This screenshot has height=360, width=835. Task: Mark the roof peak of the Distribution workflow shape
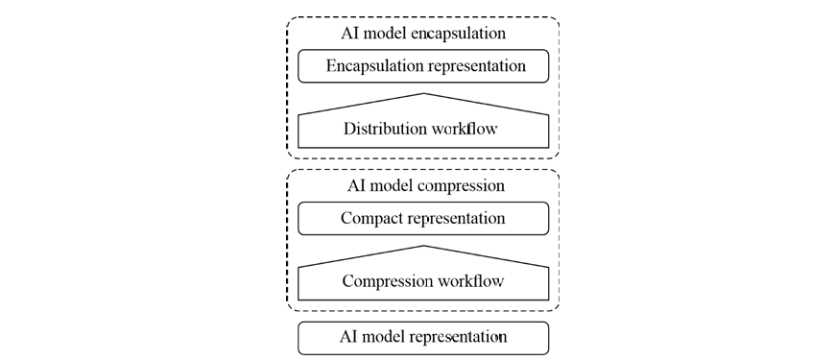coord(424,94)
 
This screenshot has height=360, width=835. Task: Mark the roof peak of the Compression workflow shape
coord(424,246)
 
